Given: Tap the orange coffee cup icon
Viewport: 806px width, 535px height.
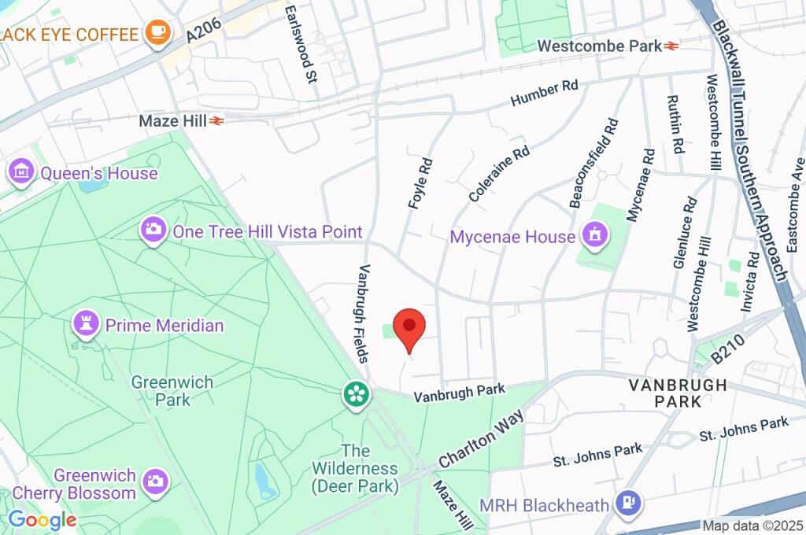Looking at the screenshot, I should (158, 33).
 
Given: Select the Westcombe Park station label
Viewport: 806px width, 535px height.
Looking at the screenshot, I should (599, 46).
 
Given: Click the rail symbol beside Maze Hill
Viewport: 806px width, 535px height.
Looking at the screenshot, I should (217, 121).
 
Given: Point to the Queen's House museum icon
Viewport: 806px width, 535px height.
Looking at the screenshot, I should (20, 171).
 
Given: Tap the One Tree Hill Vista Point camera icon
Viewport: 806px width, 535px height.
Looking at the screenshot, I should (153, 230).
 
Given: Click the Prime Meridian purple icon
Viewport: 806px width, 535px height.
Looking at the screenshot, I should (85, 323).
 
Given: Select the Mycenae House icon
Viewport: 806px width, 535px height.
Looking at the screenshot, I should (594, 234).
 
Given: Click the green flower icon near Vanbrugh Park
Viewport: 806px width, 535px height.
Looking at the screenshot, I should (356, 394).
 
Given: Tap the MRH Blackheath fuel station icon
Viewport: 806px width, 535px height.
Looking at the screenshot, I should (628, 500).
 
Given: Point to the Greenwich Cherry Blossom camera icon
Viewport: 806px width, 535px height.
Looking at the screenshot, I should (155, 479).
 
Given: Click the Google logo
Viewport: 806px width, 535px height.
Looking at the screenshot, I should (42, 520).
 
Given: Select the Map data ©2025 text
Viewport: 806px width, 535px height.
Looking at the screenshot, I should (752, 526).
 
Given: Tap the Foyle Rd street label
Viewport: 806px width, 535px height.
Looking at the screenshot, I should (421, 183).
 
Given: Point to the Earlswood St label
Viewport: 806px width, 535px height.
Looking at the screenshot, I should (301, 44).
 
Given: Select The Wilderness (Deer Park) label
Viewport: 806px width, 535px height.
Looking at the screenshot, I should (355, 469).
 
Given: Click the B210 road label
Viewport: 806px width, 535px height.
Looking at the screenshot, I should (729, 354).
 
